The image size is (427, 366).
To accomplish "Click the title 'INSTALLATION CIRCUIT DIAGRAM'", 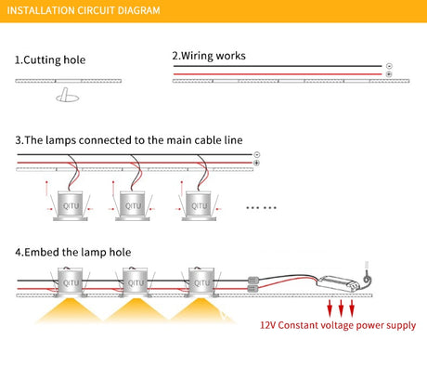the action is pos(84,10).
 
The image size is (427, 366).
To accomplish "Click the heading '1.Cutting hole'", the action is pos(50,59).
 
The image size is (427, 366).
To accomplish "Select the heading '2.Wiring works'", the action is pos(209,56).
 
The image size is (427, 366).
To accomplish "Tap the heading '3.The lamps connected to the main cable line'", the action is pos(129,140).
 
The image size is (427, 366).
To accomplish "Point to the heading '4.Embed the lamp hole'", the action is pos(73,252).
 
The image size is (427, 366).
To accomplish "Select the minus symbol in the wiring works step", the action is pos(389,66).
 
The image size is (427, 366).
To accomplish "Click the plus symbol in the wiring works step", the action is pos(389,74).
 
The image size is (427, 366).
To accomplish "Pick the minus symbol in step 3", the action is pos(256,154).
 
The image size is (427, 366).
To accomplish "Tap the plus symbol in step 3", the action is pos(256,163).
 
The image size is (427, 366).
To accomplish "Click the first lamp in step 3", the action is pos(71,205).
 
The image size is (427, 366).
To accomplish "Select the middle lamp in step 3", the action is pos(133,205).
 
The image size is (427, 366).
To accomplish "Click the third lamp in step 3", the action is pos(199,205).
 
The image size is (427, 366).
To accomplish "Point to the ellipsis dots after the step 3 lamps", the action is pos(262,207).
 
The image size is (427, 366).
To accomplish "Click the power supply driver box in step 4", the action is pos(338,283).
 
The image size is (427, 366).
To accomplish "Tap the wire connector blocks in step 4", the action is pos(253,284).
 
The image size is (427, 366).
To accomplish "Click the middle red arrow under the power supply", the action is pos(341,308).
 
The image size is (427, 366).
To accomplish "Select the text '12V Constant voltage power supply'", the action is pos(338,325).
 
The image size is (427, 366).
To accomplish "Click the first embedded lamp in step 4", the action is pos(71,282).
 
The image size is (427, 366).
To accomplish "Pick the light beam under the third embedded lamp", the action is pos(201,310).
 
